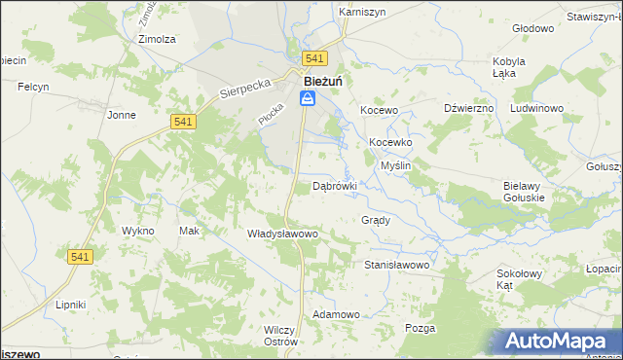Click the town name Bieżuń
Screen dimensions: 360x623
[x=322, y=81]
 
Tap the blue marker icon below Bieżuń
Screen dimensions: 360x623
[x=307, y=99]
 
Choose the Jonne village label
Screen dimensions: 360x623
[x=122, y=115]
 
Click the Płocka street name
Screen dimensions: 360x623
[x=270, y=113]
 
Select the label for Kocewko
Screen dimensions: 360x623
[x=391, y=142]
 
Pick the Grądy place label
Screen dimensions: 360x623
[x=376, y=220]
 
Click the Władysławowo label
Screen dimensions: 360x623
[x=283, y=234]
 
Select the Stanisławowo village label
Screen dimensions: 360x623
[x=396, y=264]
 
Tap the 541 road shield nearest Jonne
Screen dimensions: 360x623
[x=184, y=121]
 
